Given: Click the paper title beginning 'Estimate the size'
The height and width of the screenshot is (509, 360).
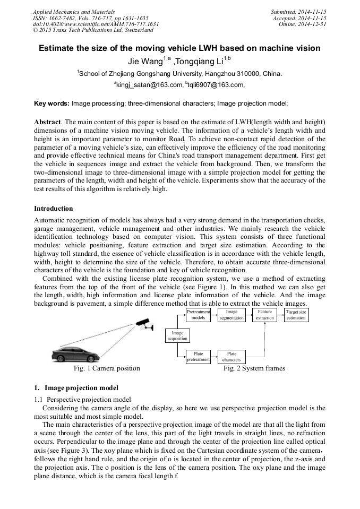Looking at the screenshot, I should [179, 48].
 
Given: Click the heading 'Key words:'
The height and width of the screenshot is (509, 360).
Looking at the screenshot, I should [52, 103].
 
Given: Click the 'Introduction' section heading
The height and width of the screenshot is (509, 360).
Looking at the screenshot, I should [54, 208].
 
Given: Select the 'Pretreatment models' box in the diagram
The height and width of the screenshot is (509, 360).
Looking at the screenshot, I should [198, 314].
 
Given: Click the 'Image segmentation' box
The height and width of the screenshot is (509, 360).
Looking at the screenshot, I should [232, 314].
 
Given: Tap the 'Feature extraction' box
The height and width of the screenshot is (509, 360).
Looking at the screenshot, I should [264, 314].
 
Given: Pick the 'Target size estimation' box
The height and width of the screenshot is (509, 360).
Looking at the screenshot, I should [296, 314].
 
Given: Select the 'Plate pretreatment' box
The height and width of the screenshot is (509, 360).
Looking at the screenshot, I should [198, 357].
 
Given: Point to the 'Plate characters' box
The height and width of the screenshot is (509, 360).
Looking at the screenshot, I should [232, 357].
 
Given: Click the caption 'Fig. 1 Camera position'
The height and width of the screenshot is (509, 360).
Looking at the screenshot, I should [106, 368].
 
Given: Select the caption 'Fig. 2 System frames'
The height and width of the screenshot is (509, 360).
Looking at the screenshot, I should [254, 368].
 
